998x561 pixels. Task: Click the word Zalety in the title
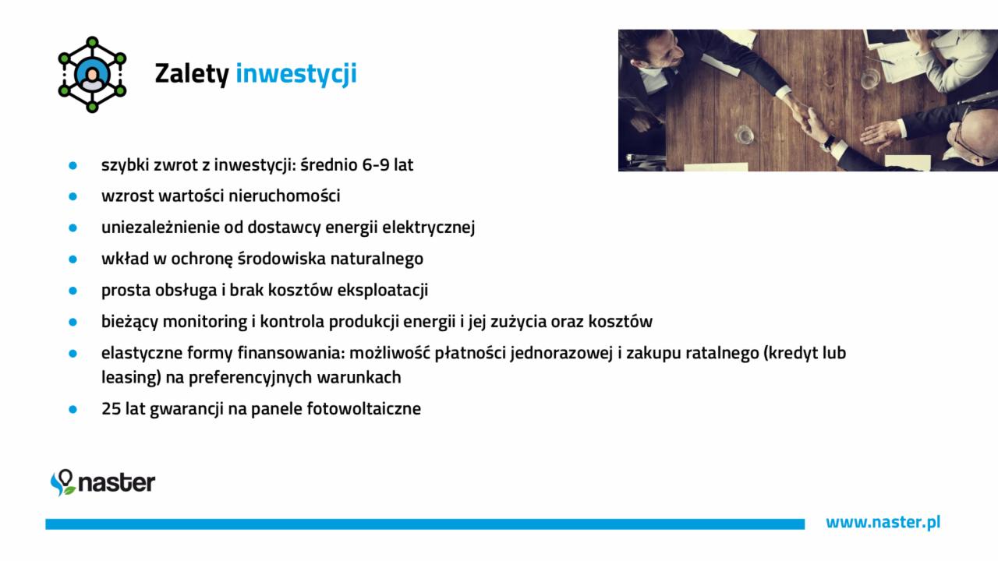191,73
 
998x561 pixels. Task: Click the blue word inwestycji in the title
296,73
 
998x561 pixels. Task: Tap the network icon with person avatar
92,74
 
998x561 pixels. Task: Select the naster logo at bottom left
103,483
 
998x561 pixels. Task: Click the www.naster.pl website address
883,522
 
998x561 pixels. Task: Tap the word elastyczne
142,352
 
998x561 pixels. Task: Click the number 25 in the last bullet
110,408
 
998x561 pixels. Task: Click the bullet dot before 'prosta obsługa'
73,291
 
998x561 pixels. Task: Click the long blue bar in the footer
425,524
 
